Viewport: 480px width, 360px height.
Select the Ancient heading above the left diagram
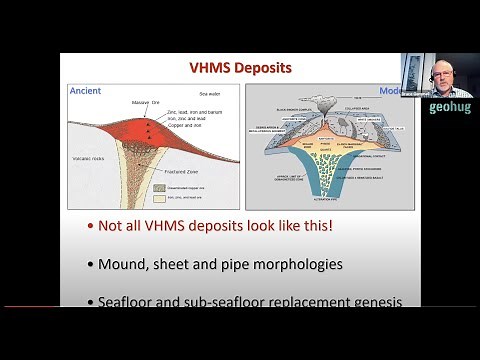(x=85, y=91)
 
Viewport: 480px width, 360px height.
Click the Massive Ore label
(x=146, y=102)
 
